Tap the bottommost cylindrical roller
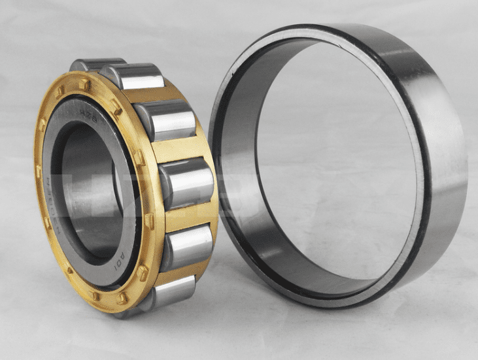[x=171, y=291]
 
